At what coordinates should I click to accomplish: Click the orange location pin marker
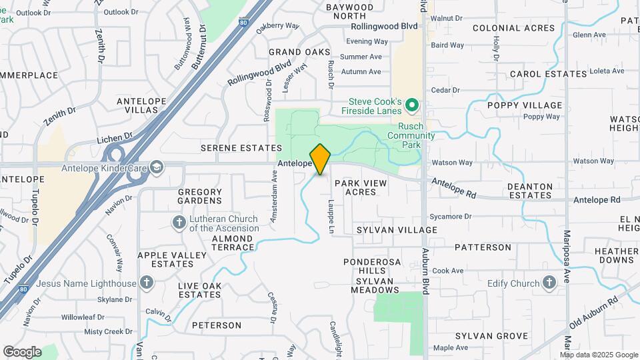[x=320, y=159]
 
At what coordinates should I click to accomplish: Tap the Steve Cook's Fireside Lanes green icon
[x=412, y=105]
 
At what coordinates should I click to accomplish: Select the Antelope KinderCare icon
[x=156, y=167]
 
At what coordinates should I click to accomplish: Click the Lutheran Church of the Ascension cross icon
[x=178, y=222]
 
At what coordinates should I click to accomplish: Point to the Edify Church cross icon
[x=549, y=283]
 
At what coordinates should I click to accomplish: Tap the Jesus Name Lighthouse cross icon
[x=147, y=283]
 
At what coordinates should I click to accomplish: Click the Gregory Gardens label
[x=199, y=196]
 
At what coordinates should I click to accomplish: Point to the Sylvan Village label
[x=397, y=230]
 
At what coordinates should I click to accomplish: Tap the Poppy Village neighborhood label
[x=525, y=106]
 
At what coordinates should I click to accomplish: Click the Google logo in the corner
[x=22, y=352]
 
